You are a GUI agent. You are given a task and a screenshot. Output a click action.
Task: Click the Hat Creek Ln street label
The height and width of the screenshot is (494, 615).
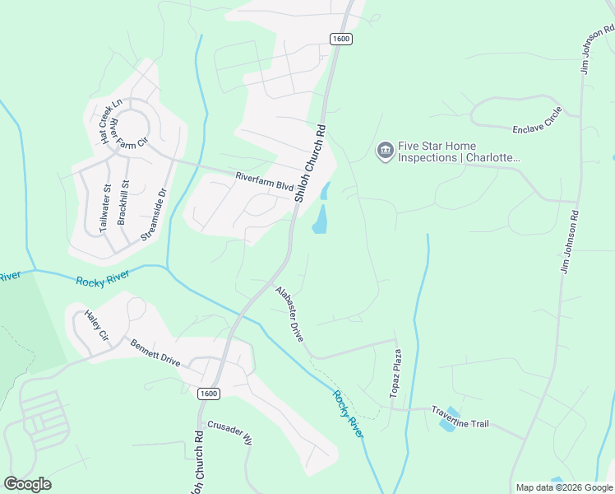111,121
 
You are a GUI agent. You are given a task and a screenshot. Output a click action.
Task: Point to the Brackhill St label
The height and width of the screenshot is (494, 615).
123,203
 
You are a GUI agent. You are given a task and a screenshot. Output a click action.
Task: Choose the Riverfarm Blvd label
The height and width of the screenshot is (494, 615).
264,181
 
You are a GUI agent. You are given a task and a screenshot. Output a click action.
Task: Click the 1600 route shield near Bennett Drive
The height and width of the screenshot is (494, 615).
209,394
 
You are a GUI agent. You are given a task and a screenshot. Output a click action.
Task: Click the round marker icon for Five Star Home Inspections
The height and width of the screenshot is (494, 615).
384,151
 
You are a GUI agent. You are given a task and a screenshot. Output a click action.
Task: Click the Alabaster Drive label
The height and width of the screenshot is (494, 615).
289,314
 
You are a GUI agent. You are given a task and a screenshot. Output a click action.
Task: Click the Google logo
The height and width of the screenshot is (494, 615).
27,484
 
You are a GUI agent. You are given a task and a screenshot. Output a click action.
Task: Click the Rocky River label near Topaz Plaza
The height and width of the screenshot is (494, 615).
348,412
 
